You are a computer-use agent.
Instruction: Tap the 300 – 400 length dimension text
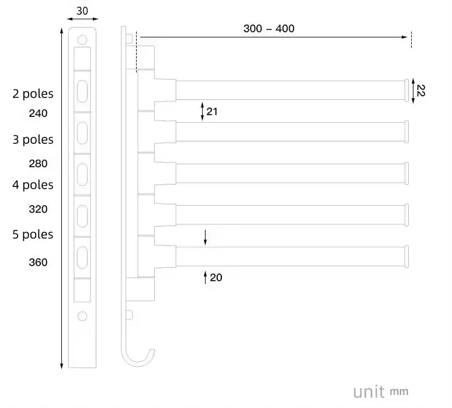click(269, 29)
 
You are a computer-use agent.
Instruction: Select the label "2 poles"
click(33, 94)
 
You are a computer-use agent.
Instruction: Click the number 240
click(38, 113)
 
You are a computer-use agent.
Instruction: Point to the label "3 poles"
click(33, 140)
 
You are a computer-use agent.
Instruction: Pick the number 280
click(38, 164)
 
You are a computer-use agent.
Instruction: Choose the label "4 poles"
click(33, 185)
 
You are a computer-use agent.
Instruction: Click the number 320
click(38, 209)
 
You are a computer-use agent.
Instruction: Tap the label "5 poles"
click(33, 234)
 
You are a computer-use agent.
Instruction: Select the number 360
click(38, 262)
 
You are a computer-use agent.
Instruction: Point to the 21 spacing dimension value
click(212, 110)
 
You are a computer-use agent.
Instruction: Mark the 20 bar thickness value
click(216, 278)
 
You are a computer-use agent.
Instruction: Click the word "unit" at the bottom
click(368, 390)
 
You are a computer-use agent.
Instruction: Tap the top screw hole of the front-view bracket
click(82, 40)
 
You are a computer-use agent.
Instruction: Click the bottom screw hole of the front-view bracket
click(82, 316)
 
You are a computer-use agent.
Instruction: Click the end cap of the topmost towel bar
click(407, 90)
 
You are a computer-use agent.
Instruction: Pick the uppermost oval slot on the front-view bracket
click(82, 91)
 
